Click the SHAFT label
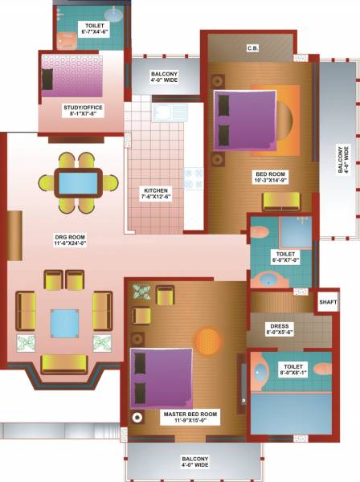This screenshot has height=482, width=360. coord(327,302)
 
